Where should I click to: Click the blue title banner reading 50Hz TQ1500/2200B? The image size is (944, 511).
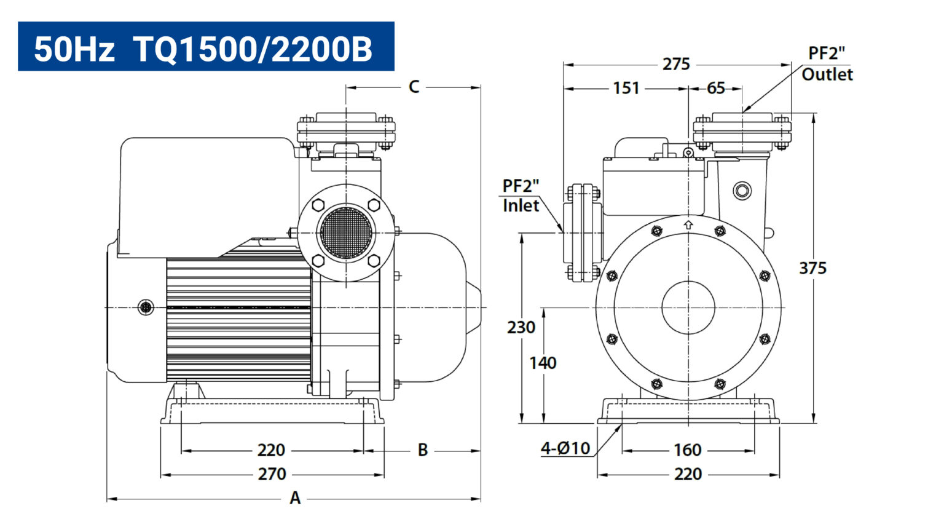click(x=206, y=46)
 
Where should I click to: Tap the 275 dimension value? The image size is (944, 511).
click(x=676, y=65)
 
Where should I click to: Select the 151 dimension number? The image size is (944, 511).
click(x=626, y=88)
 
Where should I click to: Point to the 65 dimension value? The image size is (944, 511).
click(x=715, y=88)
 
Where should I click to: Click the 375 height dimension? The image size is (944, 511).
click(x=812, y=268)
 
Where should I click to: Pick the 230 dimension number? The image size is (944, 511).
click(x=521, y=327)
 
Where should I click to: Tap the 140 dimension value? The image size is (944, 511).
click(x=543, y=363)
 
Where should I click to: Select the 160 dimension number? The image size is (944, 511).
click(x=687, y=450)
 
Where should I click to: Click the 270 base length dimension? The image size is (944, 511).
click(x=272, y=474)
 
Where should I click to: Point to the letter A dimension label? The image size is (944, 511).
click(x=295, y=498)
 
